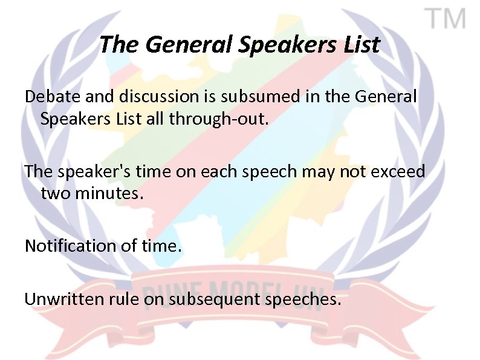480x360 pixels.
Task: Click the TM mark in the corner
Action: click(448, 20)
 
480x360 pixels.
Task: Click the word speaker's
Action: click(91, 172)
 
